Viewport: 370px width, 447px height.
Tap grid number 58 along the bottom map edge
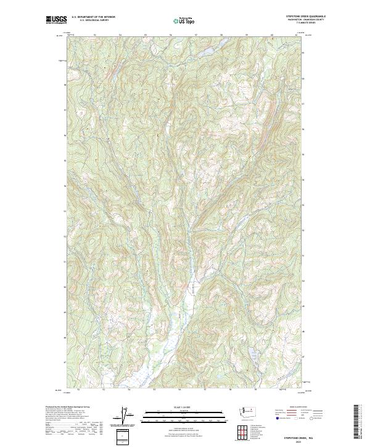(x=229, y=390)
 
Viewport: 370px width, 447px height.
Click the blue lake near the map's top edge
(x=205, y=52)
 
